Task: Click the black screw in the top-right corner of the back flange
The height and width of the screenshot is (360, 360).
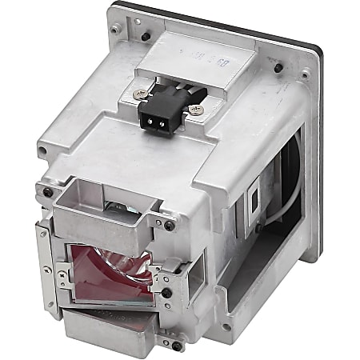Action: pyautogui.click(x=278, y=68)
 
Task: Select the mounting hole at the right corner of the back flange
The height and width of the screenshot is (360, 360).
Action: pyautogui.click(x=306, y=78)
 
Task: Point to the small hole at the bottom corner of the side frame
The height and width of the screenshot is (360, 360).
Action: pyautogui.click(x=226, y=327)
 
